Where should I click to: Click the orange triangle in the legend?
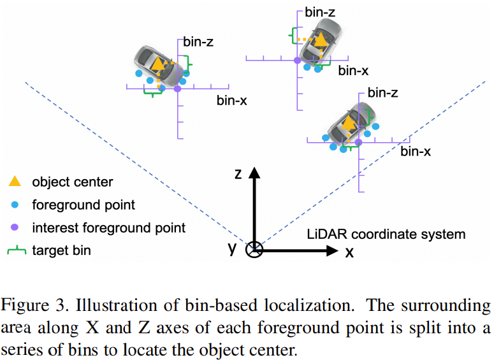point(15,182)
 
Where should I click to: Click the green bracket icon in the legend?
point(15,250)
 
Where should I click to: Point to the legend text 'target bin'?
point(62,250)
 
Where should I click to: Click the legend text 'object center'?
point(73,182)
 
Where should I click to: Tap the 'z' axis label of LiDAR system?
point(238,173)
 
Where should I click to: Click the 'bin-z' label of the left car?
point(198,43)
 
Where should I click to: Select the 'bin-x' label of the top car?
point(354,71)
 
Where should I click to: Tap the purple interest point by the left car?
point(177,89)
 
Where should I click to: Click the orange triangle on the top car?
point(321,40)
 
